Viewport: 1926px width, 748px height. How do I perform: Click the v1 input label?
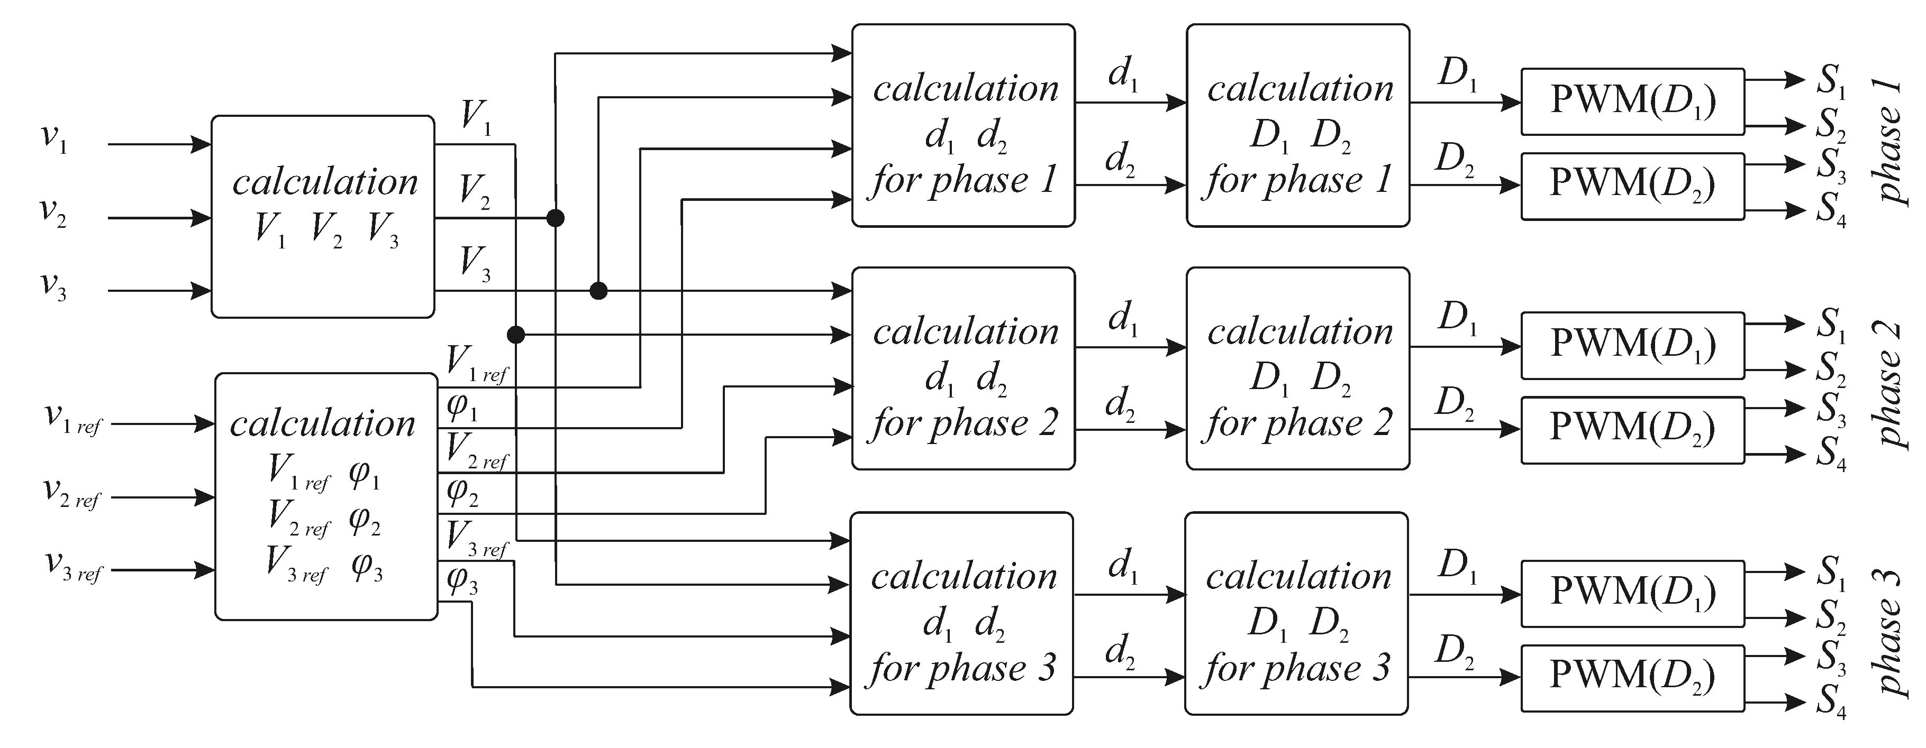pos(54,139)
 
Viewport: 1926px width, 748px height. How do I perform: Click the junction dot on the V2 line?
pos(555,218)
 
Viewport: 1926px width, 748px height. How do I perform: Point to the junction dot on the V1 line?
pos(516,334)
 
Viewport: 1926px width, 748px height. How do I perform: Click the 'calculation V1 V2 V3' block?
pos(323,217)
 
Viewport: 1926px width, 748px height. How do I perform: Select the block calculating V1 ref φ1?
pos(326,496)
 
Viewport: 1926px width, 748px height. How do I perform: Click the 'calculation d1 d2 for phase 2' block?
pos(963,368)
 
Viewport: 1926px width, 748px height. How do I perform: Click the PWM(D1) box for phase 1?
pos(1632,101)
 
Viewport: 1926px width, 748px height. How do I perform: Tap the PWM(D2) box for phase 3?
pos(1632,677)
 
